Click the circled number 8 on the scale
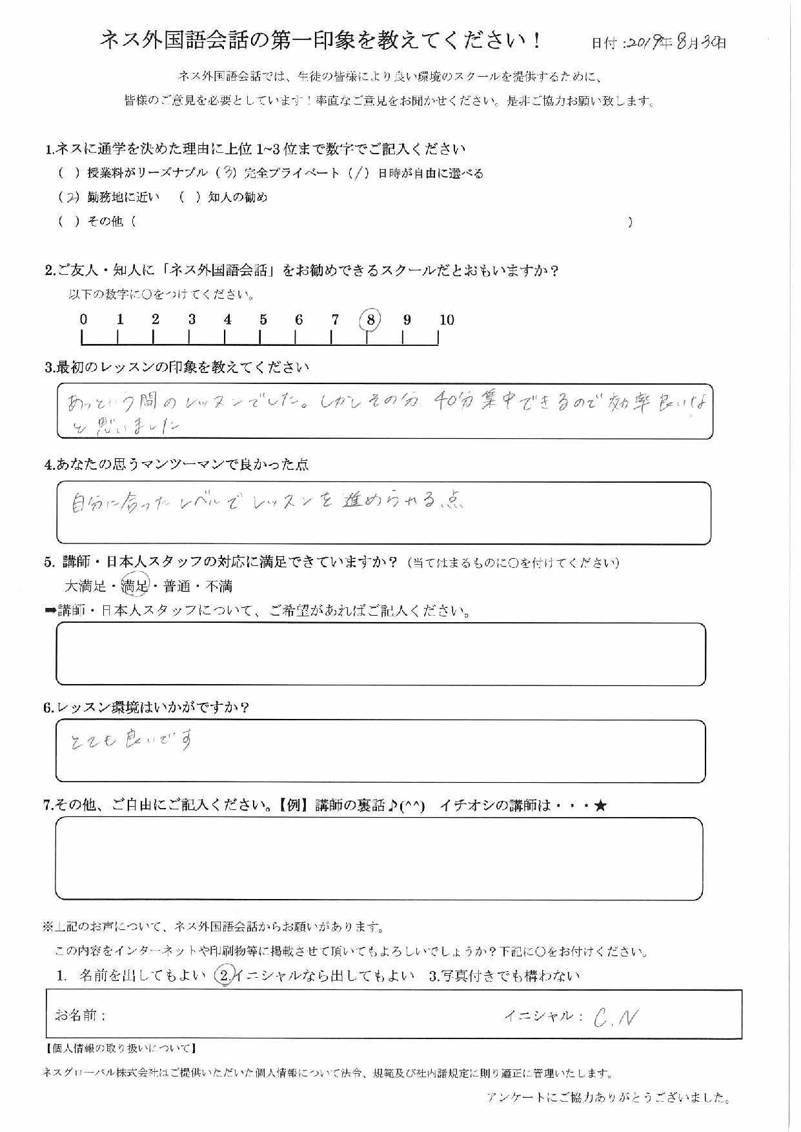click(x=370, y=319)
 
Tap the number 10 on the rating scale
click(x=447, y=319)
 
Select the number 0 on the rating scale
click(x=83, y=319)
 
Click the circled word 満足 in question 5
click(x=136, y=586)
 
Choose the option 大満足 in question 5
click(x=85, y=586)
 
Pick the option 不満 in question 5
click(x=219, y=586)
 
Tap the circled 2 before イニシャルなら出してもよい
click(x=223, y=976)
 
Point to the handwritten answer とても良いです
click(x=132, y=741)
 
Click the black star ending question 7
click(x=600, y=805)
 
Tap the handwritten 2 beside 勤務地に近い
click(x=72, y=197)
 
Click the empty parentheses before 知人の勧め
click(x=190, y=197)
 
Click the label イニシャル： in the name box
click(x=543, y=1016)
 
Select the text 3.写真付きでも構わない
click(x=504, y=976)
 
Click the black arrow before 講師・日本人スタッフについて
click(x=50, y=611)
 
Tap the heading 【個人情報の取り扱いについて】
click(x=121, y=1049)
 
